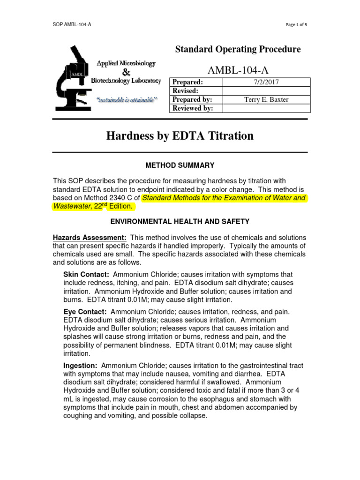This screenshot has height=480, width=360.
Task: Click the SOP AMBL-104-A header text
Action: [72, 24]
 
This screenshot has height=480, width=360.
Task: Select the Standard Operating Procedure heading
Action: [238, 49]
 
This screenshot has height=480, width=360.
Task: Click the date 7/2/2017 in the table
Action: [266, 82]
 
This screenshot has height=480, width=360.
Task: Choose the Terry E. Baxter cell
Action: [266, 100]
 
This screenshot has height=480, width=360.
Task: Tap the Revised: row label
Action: [186, 91]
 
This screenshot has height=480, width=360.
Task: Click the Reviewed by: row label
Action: [193, 109]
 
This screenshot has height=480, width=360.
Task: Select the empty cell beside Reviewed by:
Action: [266, 109]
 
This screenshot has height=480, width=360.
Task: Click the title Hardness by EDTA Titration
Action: [180, 136]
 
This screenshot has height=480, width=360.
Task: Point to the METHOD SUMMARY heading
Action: [180, 165]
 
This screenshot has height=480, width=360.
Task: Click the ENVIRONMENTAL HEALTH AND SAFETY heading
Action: [180, 221]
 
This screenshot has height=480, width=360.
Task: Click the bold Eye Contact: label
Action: [85, 312]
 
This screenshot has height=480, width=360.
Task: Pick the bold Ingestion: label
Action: [80, 366]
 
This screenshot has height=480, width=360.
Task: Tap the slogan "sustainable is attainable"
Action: [127, 100]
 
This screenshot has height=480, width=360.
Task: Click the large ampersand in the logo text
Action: [126, 72]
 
